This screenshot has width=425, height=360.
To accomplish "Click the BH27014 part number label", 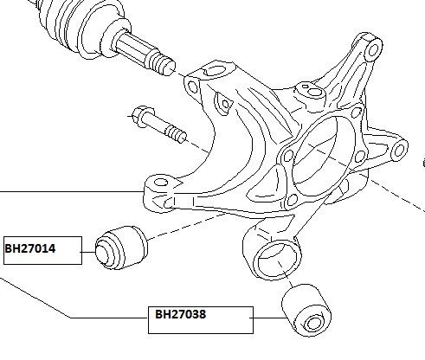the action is click(30, 248).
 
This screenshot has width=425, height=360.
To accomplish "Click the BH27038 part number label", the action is click(181, 314).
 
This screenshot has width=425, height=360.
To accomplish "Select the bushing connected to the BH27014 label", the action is click(121, 247).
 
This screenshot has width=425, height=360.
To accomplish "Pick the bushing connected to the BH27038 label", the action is click(306, 311).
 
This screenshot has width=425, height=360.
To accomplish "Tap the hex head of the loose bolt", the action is click(144, 116).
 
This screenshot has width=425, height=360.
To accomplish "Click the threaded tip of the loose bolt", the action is click(176, 135).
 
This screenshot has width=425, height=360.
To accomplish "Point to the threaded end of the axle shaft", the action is click(161, 64).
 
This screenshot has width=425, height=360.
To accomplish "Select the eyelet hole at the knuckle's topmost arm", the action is click(373, 49).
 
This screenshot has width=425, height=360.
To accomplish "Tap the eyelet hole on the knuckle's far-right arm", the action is click(399, 151).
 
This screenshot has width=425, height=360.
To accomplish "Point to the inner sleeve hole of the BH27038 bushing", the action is click(313, 324).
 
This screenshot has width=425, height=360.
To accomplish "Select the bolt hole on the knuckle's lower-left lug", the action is click(161, 183).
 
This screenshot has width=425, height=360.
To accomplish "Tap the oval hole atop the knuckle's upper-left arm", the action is click(216, 71).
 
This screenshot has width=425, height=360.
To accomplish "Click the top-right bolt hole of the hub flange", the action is click(357, 112).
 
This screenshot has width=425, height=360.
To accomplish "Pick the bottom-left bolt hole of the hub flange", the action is click(293, 199).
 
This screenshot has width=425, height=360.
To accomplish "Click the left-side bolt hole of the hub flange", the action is click(288, 156).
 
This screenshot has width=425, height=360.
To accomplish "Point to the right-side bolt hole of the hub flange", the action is click(359, 156).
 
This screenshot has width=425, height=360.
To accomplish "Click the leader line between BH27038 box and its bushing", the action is click(270, 318).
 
